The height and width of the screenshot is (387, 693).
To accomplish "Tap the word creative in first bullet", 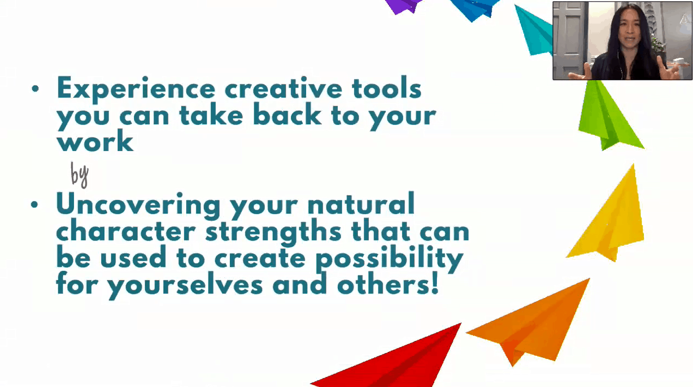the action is [283, 88].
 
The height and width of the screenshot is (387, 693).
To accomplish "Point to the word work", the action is [95, 141].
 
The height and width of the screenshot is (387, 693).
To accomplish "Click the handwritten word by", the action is [80, 175].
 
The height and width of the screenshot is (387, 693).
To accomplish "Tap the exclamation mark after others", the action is [435, 283].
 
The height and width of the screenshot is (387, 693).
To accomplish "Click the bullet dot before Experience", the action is [35, 89].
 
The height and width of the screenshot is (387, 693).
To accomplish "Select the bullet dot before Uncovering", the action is [35, 205].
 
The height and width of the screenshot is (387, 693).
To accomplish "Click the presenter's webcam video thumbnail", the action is [623, 41].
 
